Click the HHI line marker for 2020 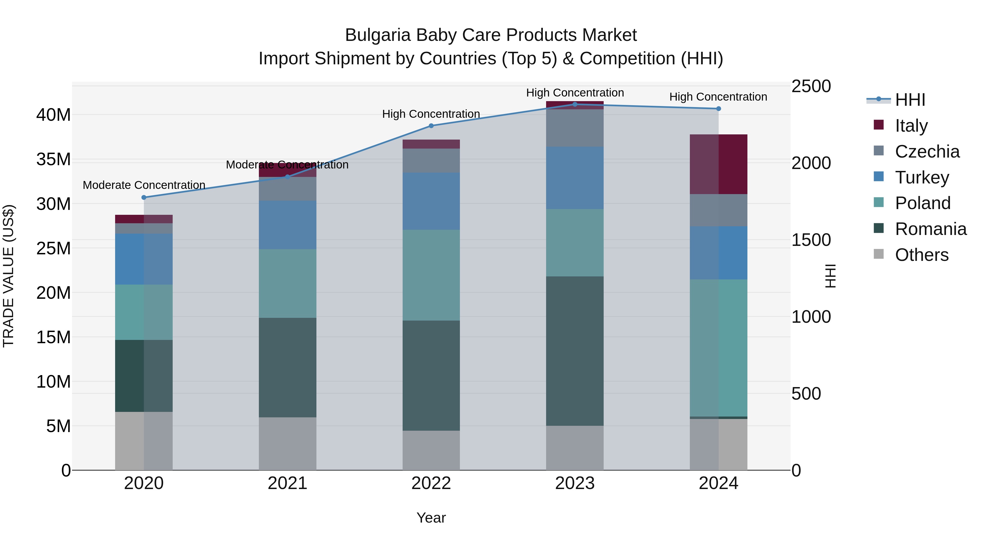click(144, 197)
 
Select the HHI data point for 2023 click(575, 104)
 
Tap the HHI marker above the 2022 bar click(431, 126)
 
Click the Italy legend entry click(911, 126)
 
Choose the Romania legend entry click(930, 229)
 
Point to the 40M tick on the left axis click(53, 115)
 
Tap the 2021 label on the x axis click(288, 483)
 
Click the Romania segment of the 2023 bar click(575, 351)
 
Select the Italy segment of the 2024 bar click(718, 164)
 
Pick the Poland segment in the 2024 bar click(718, 348)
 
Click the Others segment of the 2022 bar click(431, 450)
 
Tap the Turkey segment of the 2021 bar click(288, 225)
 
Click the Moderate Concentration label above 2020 click(144, 185)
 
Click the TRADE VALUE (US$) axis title click(8, 276)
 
